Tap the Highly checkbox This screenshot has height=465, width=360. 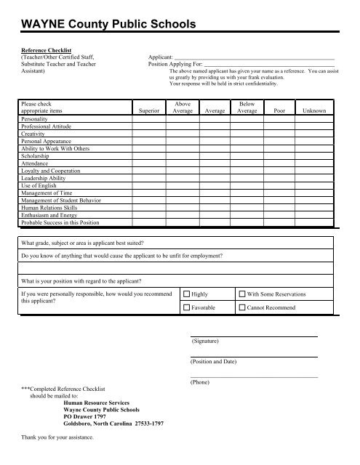[186, 294]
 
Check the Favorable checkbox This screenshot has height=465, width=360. [186, 308]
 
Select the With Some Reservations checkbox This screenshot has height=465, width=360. [243, 294]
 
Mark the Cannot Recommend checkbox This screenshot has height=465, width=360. [243, 308]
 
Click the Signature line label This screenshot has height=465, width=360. [207, 341]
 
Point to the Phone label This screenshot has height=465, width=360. [200, 381]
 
